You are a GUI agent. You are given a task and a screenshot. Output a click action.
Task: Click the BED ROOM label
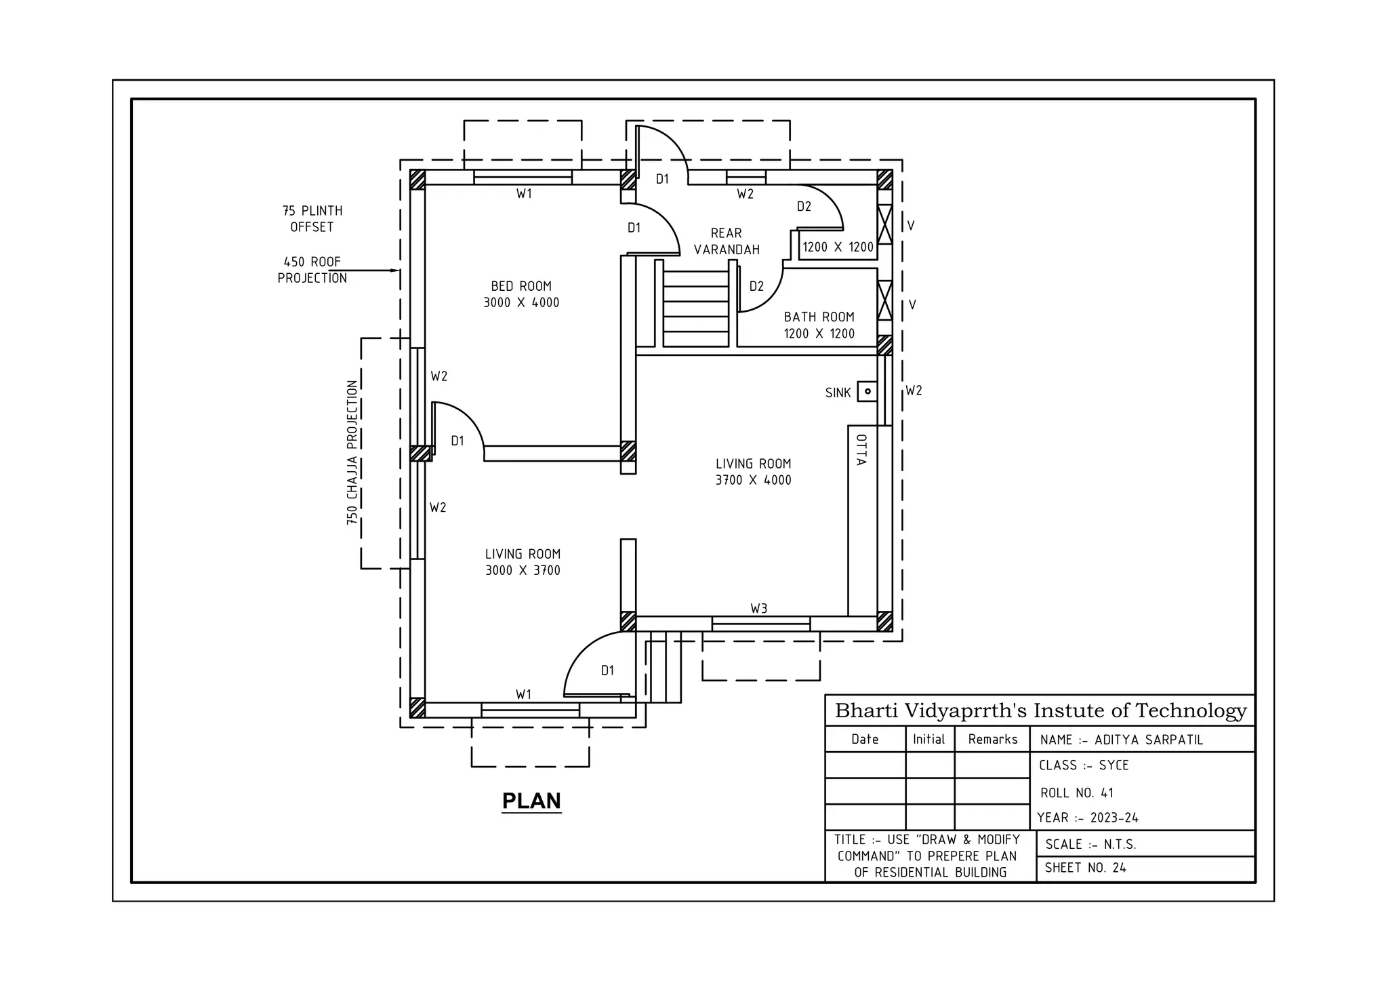click(521, 294)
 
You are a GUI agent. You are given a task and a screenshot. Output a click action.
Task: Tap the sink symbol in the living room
click(867, 391)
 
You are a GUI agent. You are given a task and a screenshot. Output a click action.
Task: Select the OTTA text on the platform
click(861, 449)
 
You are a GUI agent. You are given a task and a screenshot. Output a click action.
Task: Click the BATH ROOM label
click(819, 325)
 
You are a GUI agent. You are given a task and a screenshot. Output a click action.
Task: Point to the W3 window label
click(758, 608)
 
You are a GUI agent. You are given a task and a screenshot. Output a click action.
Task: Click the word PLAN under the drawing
click(531, 801)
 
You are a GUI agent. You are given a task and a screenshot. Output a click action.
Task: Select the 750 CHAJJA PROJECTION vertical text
click(352, 452)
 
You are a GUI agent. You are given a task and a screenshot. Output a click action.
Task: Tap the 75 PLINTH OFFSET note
click(312, 219)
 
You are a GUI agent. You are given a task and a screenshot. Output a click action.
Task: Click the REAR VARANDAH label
click(727, 241)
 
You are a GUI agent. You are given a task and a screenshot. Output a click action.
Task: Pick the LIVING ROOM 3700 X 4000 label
click(753, 472)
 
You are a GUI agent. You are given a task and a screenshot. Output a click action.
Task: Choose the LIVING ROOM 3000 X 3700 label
click(523, 562)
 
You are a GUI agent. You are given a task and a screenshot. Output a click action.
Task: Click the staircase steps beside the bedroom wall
click(695, 308)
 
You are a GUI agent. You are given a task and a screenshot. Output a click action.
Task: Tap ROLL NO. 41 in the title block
click(1077, 793)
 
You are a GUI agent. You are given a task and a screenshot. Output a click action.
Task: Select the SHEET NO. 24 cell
click(1085, 868)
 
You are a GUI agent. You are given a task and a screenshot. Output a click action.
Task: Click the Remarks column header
click(992, 739)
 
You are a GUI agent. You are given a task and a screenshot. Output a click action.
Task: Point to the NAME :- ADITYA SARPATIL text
click(1121, 740)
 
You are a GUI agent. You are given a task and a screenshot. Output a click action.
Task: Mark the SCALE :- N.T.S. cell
click(1090, 844)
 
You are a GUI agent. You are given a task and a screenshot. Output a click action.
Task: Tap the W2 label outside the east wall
click(914, 391)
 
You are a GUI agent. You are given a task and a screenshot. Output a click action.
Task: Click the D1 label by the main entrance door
click(607, 670)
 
